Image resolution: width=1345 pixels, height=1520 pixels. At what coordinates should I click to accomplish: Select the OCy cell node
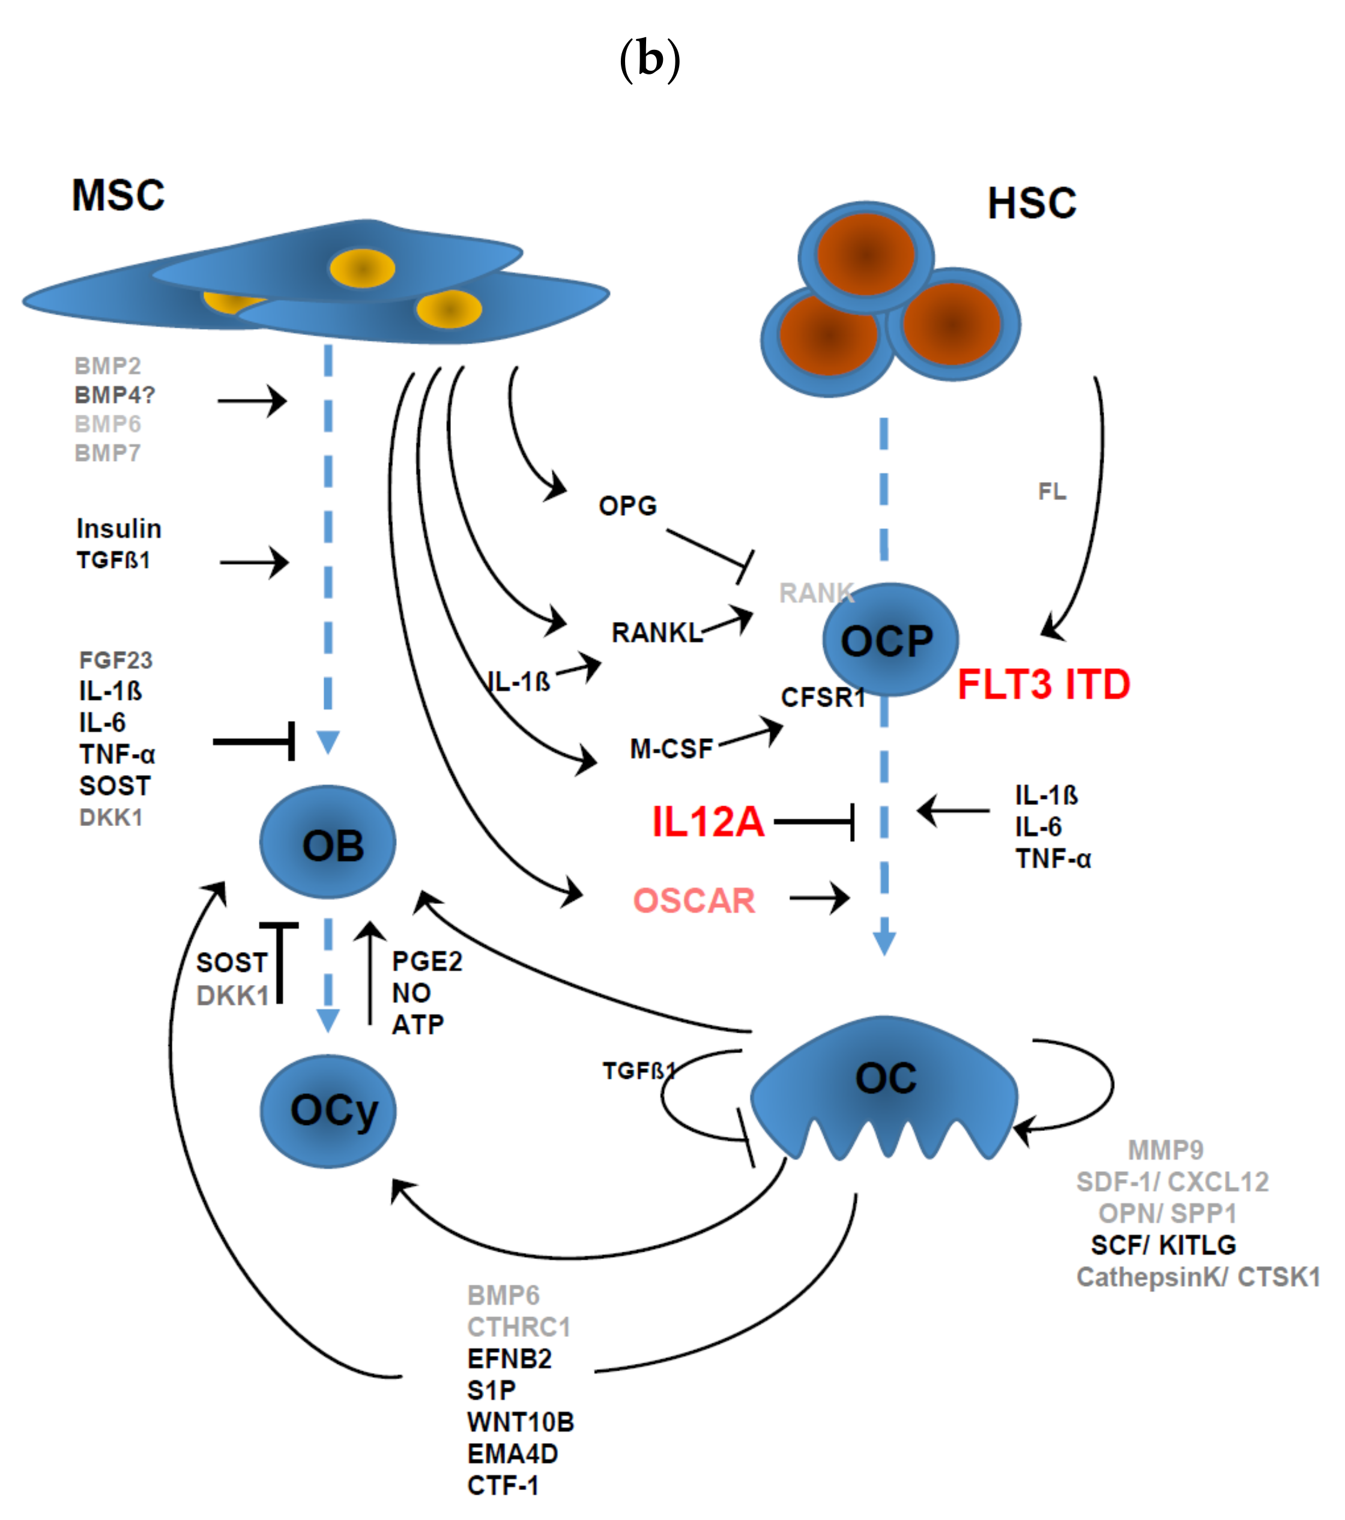(x=328, y=1111)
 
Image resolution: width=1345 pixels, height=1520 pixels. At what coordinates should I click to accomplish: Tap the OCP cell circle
(x=890, y=639)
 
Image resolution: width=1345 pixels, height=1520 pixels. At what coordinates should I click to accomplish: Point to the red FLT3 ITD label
(x=1043, y=684)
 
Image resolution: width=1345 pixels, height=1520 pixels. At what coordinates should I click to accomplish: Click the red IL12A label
(x=707, y=822)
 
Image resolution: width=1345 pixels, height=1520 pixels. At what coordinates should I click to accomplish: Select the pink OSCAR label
(x=694, y=900)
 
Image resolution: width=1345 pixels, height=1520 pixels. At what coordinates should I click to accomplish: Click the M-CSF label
(x=671, y=748)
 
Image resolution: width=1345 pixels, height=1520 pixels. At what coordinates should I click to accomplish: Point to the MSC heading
(x=118, y=196)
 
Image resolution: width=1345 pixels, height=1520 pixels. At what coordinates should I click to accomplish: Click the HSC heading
(x=1031, y=203)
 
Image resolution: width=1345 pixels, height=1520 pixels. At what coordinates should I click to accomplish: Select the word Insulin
(x=119, y=529)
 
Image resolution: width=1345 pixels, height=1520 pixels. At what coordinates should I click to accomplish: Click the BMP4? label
(x=115, y=395)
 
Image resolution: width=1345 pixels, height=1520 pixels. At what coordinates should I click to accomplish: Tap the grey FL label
(x=1051, y=491)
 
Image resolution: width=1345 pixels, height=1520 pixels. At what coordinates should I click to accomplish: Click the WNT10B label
(x=520, y=1422)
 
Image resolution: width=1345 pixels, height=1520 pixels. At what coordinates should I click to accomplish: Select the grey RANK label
(x=815, y=593)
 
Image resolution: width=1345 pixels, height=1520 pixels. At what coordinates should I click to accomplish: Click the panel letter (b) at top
(x=650, y=59)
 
